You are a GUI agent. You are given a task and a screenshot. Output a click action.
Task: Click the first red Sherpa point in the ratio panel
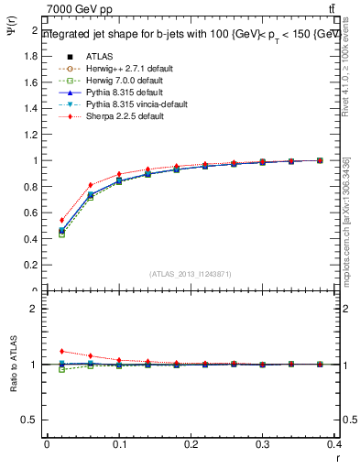point(61,351)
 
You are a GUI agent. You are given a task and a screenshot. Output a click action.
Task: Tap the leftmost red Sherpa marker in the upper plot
point(61,220)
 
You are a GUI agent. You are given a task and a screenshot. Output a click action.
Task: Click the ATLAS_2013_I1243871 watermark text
point(191,274)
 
